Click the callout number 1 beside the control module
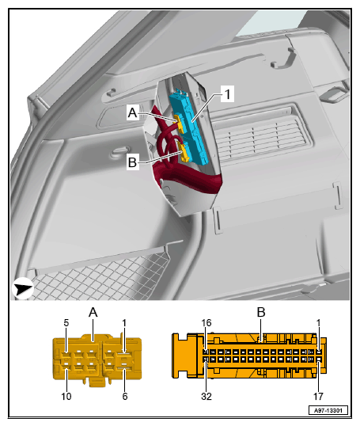(x=228, y=94)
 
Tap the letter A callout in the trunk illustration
(x=132, y=112)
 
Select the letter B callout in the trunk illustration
(x=132, y=162)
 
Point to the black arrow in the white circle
(x=23, y=288)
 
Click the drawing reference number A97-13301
(x=328, y=410)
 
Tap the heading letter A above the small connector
(x=93, y=313)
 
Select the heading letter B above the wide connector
(x=261, y=312)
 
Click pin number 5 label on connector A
(x=66, y=323)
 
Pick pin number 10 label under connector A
(x=66, y=397)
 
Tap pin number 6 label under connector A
(x=125, y=397)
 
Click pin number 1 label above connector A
(x=124, y=323)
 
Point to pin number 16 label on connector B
(x=207, y=323)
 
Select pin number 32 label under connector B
(x=207, y=397)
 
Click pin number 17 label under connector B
(x=318, y=397)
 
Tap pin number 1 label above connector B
(x=318, y=323)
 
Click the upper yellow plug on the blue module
(x=180, y=124)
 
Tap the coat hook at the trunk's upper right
(x=283, y=59)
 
